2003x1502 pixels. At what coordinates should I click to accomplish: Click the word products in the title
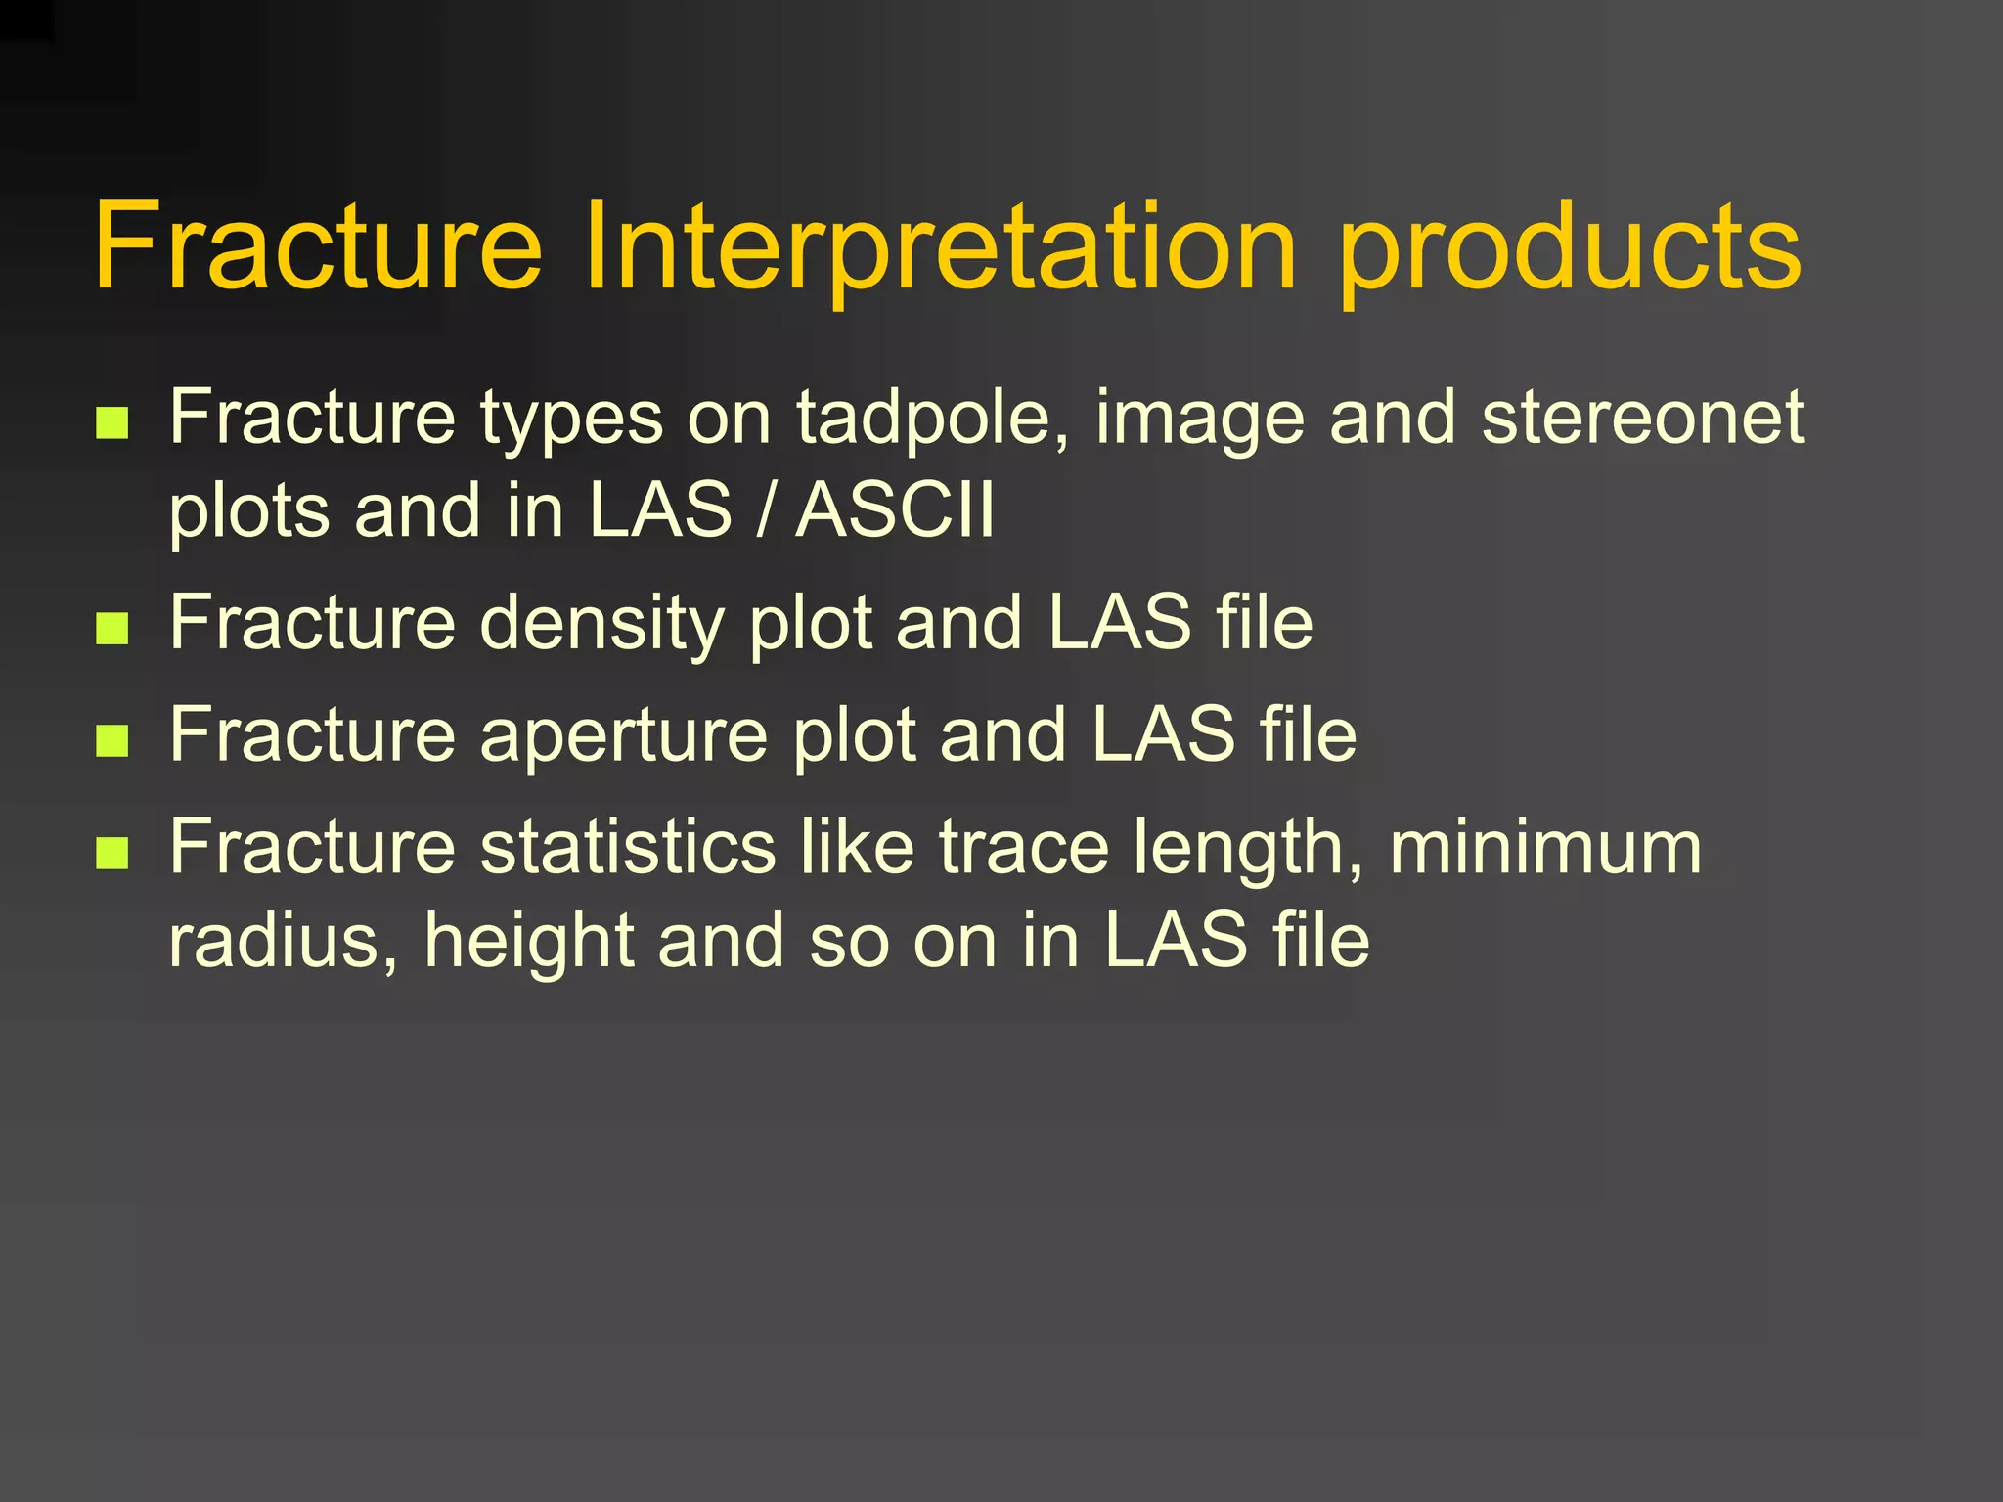click(1570, 250)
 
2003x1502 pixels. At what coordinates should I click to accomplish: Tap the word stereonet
click(1643, 418)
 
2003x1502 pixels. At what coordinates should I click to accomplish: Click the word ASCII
click(895, 509)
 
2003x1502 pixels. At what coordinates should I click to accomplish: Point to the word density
click(601, 625)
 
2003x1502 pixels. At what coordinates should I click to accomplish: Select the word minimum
click(1545, 847)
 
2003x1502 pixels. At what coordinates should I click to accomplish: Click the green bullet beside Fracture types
click(113, 423)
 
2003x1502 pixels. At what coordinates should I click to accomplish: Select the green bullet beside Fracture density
click(113, 629)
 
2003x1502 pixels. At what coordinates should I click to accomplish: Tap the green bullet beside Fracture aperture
click(113, 741)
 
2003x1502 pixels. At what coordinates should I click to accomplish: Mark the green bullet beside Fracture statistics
click(113, 853)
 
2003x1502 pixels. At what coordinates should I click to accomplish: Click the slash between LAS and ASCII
click(764, 509)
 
